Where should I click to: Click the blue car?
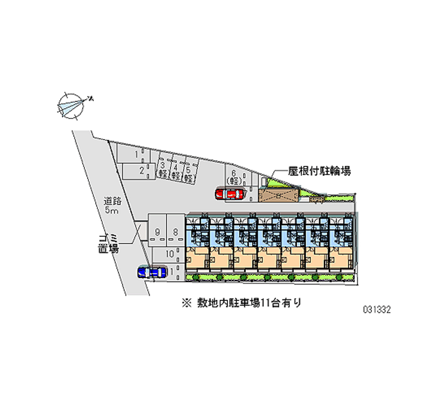click(x=152, y=272)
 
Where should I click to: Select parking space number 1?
click(x=136, y=151)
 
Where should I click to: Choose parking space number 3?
click(x=163, y=169)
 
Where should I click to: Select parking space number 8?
click(x=175, y=231)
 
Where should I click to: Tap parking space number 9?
click(x=159, y=231)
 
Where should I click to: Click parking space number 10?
click(x=170, y=254)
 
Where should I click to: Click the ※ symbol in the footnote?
click(x=186, y=304)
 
